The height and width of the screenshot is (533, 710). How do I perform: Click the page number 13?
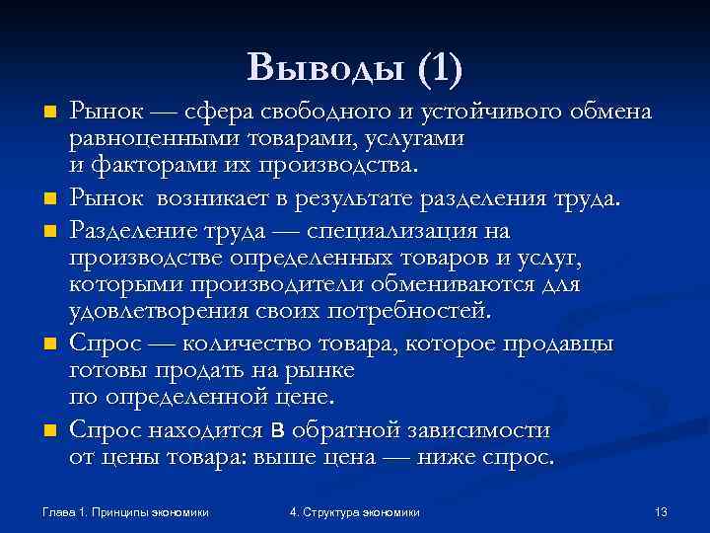coord(662,512)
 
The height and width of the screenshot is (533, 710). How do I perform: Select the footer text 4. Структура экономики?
coord(355,512)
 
